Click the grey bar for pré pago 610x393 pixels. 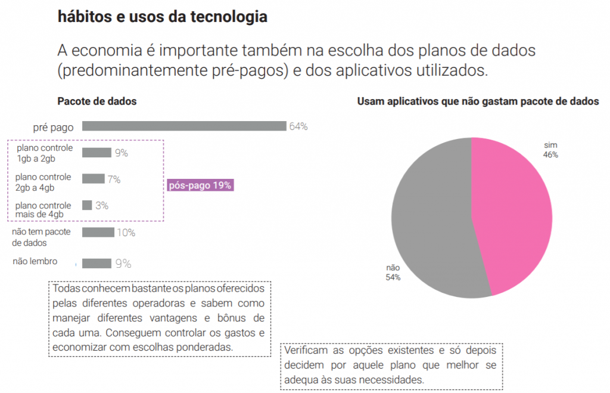click(184, 126)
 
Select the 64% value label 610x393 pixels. click(298, 126)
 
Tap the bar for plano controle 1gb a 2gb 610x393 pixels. click(97, 153)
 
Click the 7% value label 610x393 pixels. click(114, 179)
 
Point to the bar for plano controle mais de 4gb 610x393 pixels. click(87, 205)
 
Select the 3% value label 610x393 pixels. click(102, 206)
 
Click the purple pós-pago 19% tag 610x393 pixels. click(200, 185)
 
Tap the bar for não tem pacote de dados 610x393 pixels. click(98, 232)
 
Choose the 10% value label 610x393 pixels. click(126, 233)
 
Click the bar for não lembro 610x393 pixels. click(97, 263)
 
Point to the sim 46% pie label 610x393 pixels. click(550, 150)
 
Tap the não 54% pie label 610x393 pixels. click(393, 273)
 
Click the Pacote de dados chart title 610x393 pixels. click(97, 101)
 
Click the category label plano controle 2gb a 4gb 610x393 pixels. click(43, 182)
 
